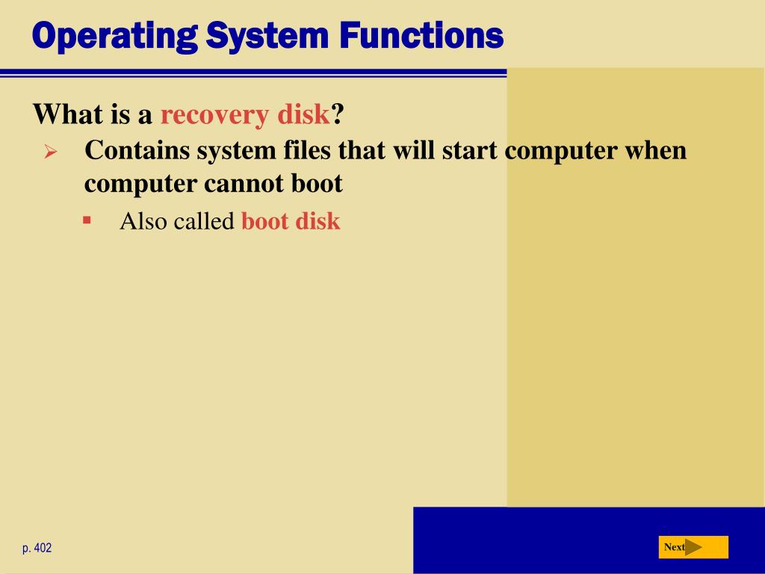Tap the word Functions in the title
click(x=421, y=35)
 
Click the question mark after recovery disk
click(x=338, y=114)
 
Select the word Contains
click(x=137, y=149)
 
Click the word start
click(x=470, y=150)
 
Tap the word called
click(x=205, y=221)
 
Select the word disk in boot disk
click(x=318, y=221)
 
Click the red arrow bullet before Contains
click(x=50, y=151)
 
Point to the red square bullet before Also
click(x=87, y=220)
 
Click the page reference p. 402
click(x=37, y=548)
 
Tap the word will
click(x=414, y=149)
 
